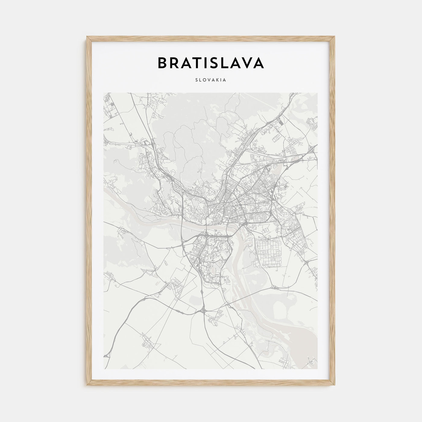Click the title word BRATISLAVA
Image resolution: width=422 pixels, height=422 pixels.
click(211, 63)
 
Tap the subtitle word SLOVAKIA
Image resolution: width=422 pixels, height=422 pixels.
click(211, 80)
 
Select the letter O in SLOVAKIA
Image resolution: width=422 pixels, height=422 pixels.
click(204, 80)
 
